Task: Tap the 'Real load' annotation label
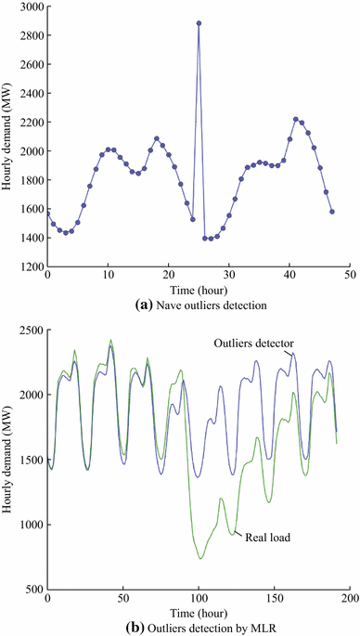click(264, 535)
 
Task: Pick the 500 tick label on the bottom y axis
click(32, 590)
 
